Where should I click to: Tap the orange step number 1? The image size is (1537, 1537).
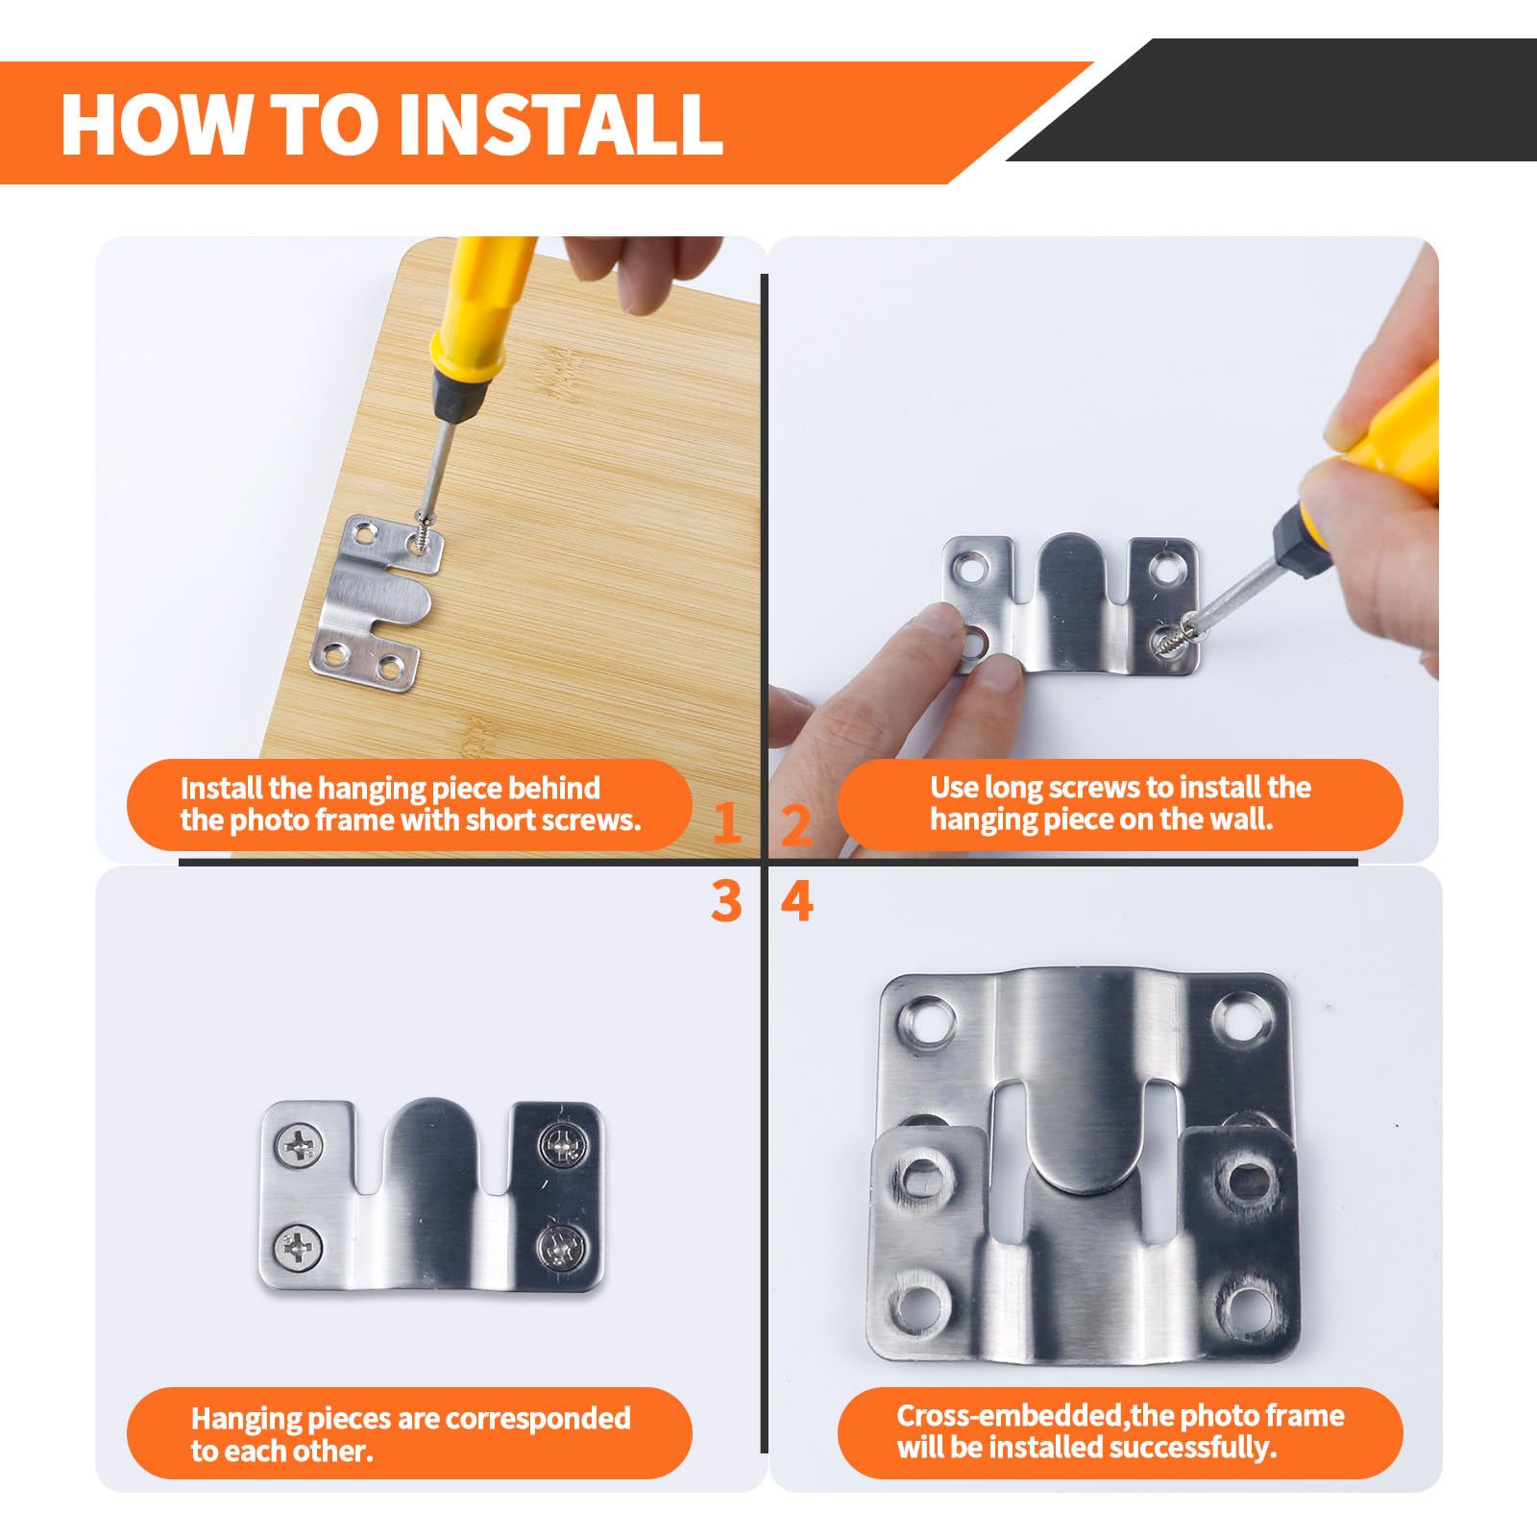pos(727,822)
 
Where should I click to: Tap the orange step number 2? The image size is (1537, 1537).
pos(796,824)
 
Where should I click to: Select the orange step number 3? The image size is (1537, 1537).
pos(727,901)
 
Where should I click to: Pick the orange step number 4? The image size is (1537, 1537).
pos(797,901)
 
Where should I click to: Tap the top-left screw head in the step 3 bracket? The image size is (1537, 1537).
pos(299,1145)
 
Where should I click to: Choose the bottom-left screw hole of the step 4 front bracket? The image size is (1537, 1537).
pos(918,1305)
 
